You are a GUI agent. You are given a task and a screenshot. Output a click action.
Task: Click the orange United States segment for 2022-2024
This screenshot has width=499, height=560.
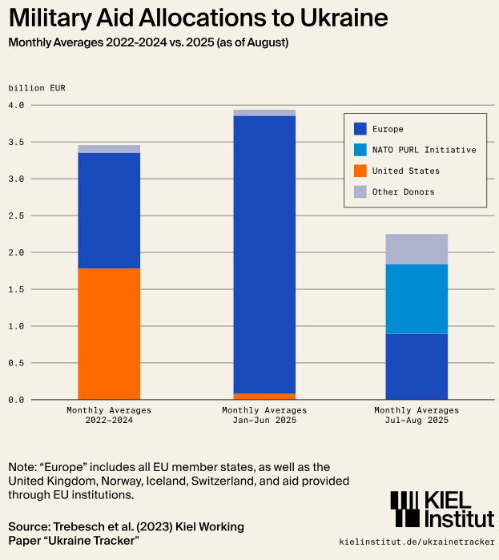tap(109, 333)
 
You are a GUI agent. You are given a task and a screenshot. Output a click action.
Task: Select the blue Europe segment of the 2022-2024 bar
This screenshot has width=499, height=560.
tap(109, 210)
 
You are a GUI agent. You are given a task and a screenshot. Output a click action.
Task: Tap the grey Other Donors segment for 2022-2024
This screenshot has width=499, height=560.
tap(109, 149)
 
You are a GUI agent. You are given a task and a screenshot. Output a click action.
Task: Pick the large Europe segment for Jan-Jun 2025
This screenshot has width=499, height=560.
tap(264, 254)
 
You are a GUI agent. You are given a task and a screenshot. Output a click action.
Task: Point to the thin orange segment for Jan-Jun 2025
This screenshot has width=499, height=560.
tap(264, 396)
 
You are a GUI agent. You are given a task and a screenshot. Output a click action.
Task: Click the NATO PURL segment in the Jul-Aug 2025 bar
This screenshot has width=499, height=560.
tap(417, 299)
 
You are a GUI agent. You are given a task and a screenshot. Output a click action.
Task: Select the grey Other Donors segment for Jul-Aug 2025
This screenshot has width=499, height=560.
tap(417, 249)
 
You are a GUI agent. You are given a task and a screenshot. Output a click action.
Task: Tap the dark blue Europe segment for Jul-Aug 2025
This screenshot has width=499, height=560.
tap(417, 366)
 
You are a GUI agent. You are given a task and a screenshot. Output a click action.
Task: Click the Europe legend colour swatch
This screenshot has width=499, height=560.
tap(360, 129)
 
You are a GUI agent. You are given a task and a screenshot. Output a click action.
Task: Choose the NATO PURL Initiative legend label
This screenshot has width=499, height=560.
tap(424, 150)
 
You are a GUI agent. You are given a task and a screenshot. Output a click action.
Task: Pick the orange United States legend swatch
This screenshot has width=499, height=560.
tap(360, 171)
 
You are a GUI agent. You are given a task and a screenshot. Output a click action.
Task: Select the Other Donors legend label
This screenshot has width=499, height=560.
tap(404, 191)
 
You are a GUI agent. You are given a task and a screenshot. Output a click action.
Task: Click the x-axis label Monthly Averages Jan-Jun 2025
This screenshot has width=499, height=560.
tap(264, 415)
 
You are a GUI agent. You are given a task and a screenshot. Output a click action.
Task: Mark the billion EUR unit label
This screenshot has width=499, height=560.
tap(37, 87)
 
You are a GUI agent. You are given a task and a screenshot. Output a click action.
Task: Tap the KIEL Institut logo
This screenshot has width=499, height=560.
tap(442, 510)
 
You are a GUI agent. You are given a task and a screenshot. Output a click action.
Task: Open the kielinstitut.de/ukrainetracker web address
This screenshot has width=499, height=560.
tap(417, 542)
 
